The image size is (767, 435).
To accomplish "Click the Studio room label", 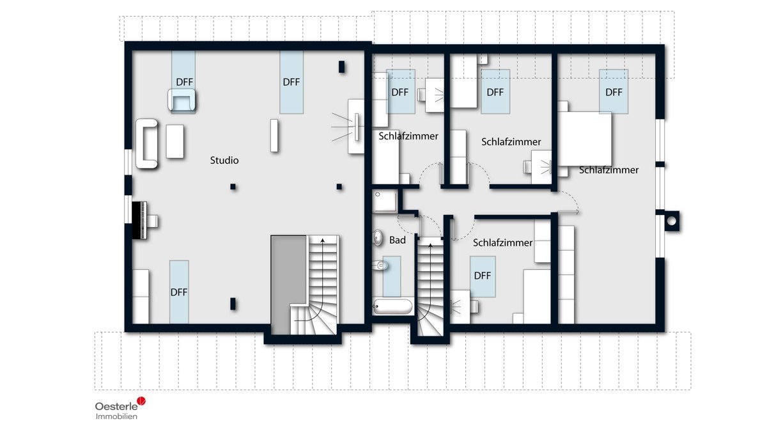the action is pyautogui.click(x=224, y=160).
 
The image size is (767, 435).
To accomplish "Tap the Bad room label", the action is pyautogui.click(x=398, y=240).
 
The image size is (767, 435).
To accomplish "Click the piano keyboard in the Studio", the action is pyautogui.click(x=139, y=220).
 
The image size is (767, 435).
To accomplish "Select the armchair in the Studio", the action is pyautogui.click(x=182, y=100).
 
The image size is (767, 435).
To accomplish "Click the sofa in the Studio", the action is pyautogui.click(x=146, y=144).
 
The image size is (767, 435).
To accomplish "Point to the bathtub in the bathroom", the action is pyautogui.click(x=392, y=306).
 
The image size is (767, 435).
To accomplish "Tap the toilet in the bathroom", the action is pyautogui.click(x=380, y=265).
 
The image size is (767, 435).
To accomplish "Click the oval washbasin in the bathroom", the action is pyautogui.click(x=377, y=237).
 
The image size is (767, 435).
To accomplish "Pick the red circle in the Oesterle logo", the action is pyautogui.click(x=141, y=401).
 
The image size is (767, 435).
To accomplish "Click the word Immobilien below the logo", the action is pyautogui.click(x=116, y=416).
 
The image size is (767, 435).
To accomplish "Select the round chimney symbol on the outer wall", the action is pyautogui.click(x=672, y=221).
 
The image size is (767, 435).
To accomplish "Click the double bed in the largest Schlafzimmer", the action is pyautogui.click(x=585, y=139).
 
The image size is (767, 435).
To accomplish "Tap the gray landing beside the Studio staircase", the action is pyautogui.click(x=288, y=285).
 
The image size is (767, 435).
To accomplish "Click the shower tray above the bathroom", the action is pyautogui.click(x=385, y=201).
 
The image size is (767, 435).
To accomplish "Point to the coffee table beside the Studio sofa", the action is pyautogui.click(x=175, y=141).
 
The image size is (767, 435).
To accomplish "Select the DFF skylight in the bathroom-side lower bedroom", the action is pyautogui.click(x=483, y=276).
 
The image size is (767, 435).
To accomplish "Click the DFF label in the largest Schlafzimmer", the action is pyautogui.click(x=614, y=92).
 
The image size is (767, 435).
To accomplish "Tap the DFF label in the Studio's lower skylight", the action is pyautogui.click(x=179, y=292).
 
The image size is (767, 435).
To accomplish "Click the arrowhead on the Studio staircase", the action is pyautogui.click(x=322, y=241).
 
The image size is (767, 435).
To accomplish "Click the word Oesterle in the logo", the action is pyautogui.click(x=116, y=406).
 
